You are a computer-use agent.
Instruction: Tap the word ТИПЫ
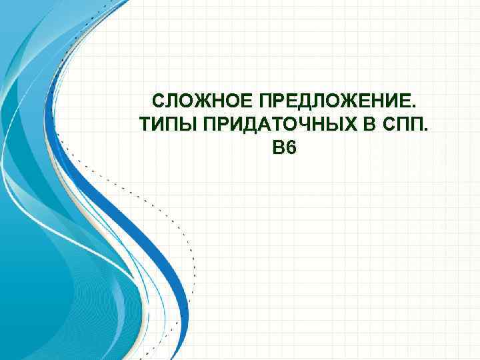click(x=162, y=125)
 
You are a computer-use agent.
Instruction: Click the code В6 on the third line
click(x=283, y=147)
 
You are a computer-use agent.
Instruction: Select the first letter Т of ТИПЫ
click(x=144, y=125)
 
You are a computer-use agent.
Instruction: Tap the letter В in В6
click(x=277, y=147)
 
